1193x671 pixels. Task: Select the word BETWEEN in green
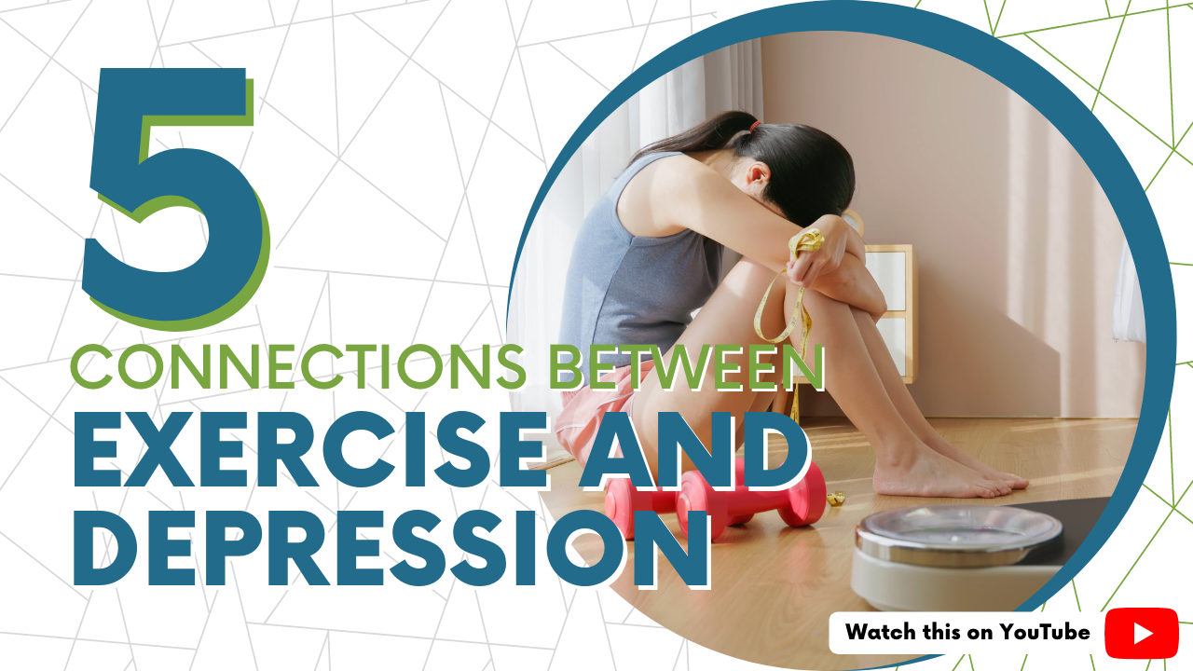coord(685,367)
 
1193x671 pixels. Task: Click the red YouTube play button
coord(1142,633)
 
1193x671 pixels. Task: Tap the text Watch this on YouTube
coord(967,633)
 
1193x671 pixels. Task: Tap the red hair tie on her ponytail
coord(752,124)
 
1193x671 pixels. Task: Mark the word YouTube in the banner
coord(1045,633)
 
